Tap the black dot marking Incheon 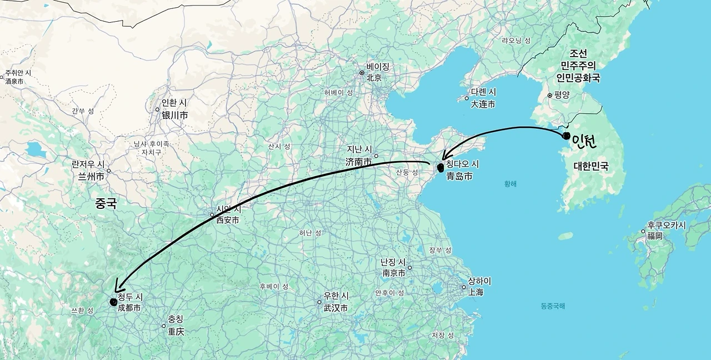566,136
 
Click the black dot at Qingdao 440,167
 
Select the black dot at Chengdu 113,302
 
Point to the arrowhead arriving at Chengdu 117,287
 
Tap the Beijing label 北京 374,78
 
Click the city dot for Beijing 362,73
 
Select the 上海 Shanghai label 475,292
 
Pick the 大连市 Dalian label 483,104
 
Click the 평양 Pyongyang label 562,95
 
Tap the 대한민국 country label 590,166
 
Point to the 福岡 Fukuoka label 654,236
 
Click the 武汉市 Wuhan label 336,308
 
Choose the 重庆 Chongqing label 176,332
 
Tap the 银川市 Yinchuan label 174,116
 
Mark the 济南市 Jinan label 359,162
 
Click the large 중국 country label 106,203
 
